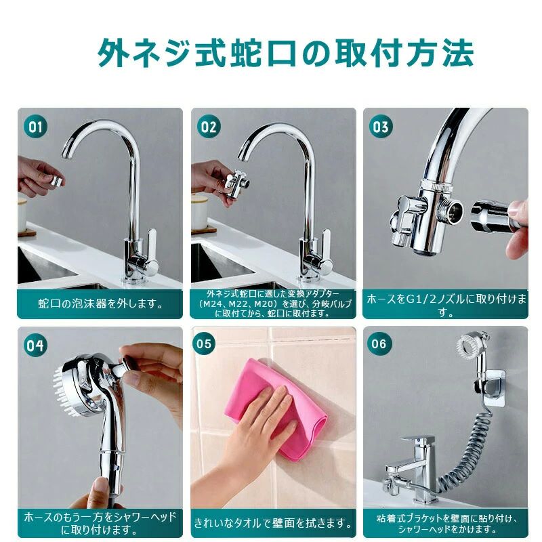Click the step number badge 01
(x=35, y=127)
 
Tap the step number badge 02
(x=209, y=127)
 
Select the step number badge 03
(x=381, y=127)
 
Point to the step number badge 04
(x=35, y=346)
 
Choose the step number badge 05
(x=204, y=343)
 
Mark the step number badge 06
(x=379, y=343)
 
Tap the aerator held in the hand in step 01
(x=57, y=181)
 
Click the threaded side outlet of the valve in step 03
(x=451, y=210)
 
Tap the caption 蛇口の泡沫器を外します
(x=100, y=304)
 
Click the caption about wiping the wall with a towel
(x=273, y=522)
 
